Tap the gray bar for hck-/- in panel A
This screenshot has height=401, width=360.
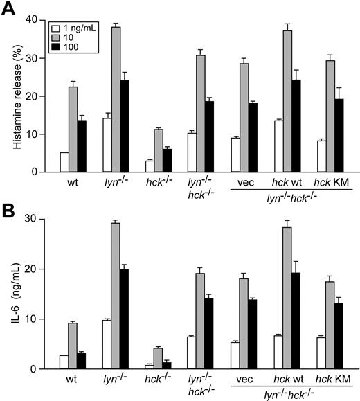click(x=162, y=150)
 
